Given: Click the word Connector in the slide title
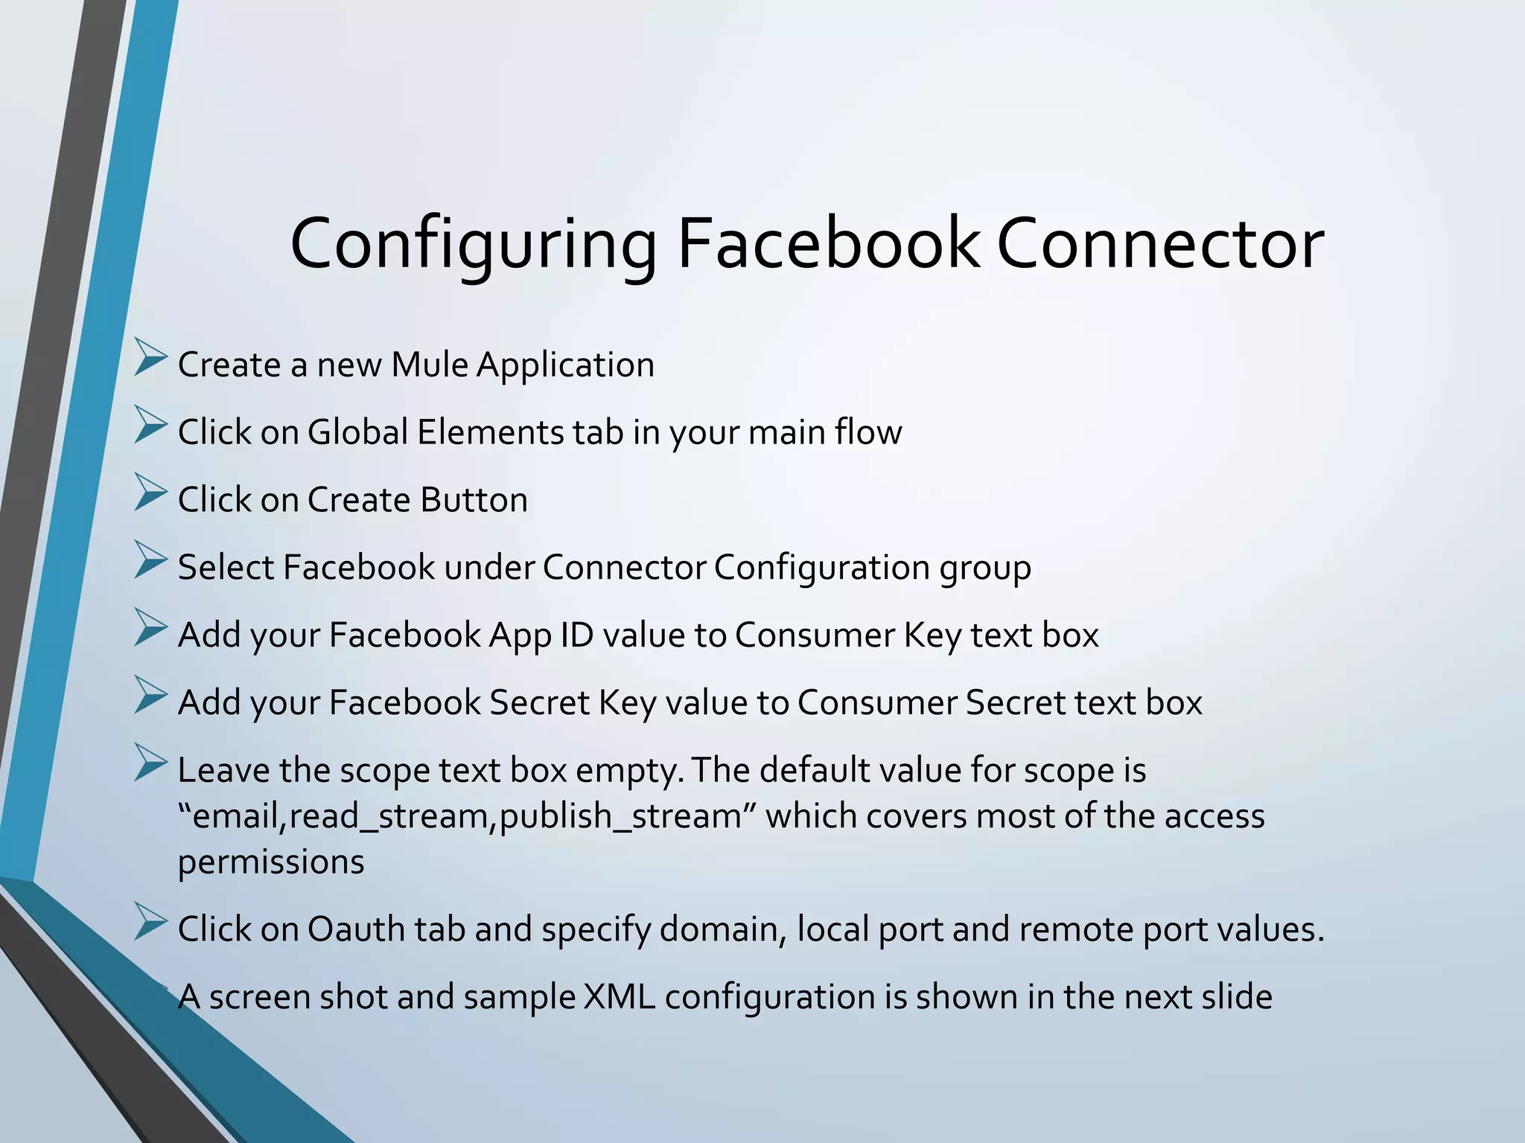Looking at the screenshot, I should (1160, 244).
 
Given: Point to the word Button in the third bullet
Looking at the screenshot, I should (474, 500).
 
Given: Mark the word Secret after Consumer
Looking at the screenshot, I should (1016, 703).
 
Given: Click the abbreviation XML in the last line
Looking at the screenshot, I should (620, 997).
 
